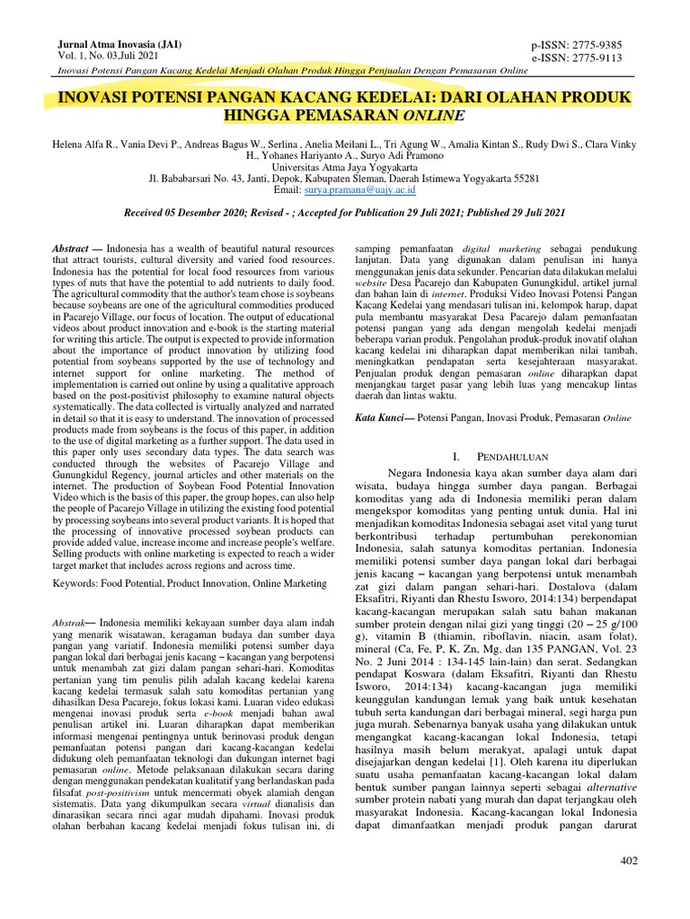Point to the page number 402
[629, 861]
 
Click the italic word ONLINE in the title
[435, 116]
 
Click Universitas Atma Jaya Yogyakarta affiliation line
[344, 167]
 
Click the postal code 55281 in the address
[524, 179]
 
